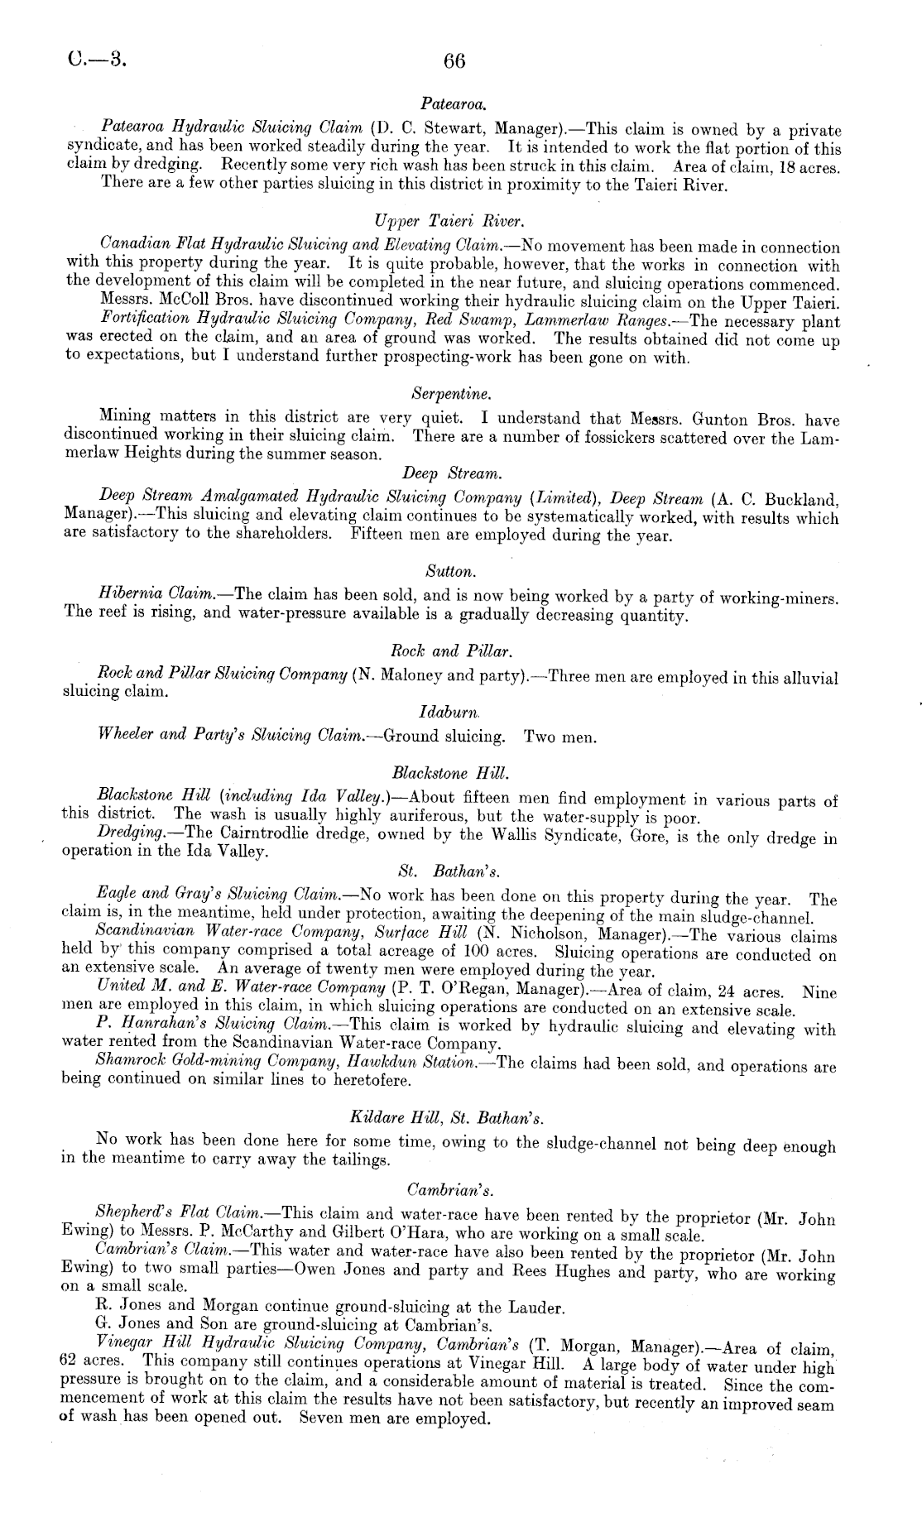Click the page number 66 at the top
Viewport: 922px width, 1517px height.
click(455, 60)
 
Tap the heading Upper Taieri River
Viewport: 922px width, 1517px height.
click(450, 221)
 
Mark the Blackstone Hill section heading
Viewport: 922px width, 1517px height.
click(451, 774)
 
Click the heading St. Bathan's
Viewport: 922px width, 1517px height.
click(450, 871)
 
